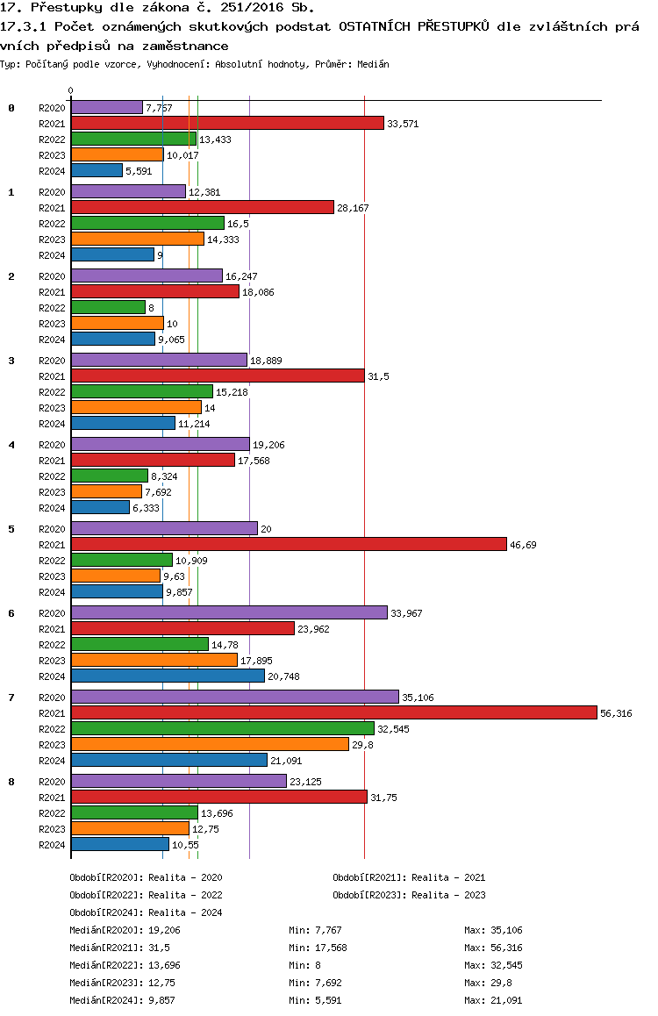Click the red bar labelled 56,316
pyautogui.click(x=334, y=712)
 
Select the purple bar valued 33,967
pyautogui.click(x=229, y=612)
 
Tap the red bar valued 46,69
pyautogui.click(x=289, y=544)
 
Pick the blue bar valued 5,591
pyautogui.click(x=97, y=170)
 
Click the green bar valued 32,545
pyautogui.click(x=223, y=728)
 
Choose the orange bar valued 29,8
pyautogui.click(x=210, y=745)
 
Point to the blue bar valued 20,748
pyautogui.click(x=168, y=676)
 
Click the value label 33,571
pyautogui.click(x=403, y=124)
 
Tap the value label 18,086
pyautogui.click(x=258, y=292)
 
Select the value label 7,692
pyautogui.click(x=158, y=492)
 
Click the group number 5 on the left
pyautogui.click(x=11, y=529)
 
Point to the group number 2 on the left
pyautogui.click(x=11, y=276)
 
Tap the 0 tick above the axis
pyautogui.click(x=70, y=90)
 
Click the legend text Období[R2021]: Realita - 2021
pyautogui.click(x=409, y=877)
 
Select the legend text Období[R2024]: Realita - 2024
pyautogui.click(x=146, y=912)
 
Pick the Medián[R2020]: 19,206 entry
pyautogui.click(x=125, y=930)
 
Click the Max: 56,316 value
pyautogui.click(x=493, y=948)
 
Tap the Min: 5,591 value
pyautogui.click(x=315, y=1000)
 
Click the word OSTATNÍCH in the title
pyautogui.click(x=375, y=26)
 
